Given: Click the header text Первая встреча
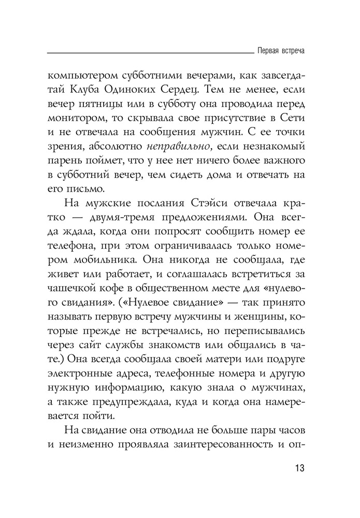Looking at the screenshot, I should (280, 52).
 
